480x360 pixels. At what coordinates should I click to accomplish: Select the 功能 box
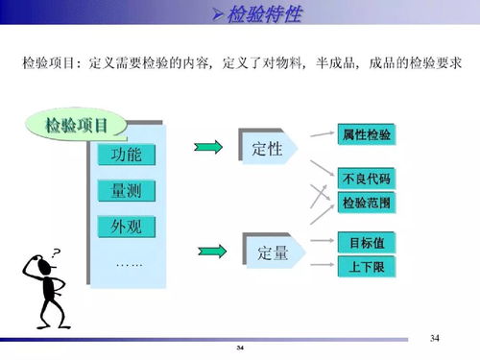pyautogui.click(x=126, y=155)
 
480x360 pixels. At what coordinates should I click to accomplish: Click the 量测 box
pyautogui.click(x=126, y=190)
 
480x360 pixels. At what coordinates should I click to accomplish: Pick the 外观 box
pyautogui.click(x=126, y=227)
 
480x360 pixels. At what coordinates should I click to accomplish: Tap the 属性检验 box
pyautogui.click(x=366, y=135)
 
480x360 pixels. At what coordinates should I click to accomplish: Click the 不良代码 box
pyautogui.click(x=366, y=180)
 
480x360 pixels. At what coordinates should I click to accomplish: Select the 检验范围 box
pyautogui.click(x=366, y=204)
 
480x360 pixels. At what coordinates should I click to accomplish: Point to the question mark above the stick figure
pyautogui.click(x=57, y=252)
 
